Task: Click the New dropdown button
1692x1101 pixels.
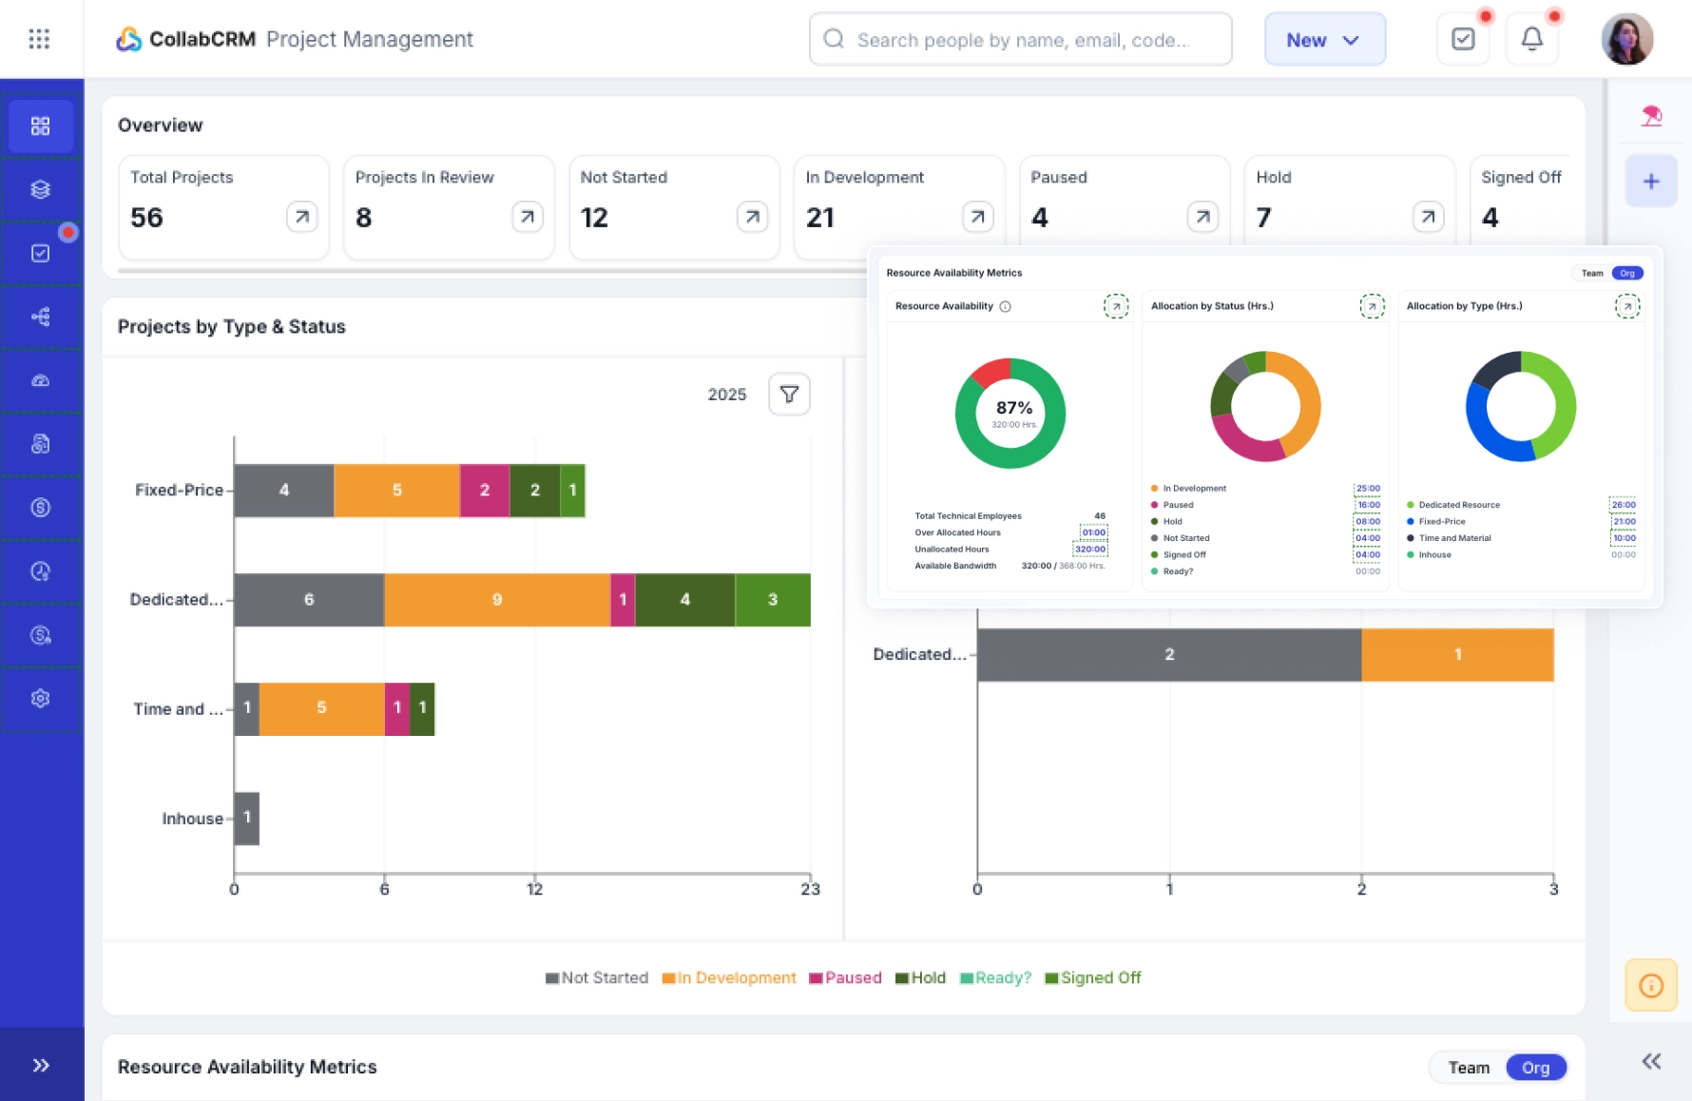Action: point(1324,40)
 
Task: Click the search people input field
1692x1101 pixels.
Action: point(1022,40)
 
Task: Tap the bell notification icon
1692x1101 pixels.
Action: point(1531,39)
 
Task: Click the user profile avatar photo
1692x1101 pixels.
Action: point(1626,40)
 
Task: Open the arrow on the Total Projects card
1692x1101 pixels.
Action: point(301,217)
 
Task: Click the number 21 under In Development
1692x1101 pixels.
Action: point(819,218)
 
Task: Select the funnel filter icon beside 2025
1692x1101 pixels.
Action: point(789,395)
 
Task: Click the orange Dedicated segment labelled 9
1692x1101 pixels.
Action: point(496,600)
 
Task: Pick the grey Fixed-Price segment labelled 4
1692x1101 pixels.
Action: point(283,491)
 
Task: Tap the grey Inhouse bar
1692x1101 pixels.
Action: point(247,819)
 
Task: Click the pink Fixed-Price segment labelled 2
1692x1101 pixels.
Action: point(485,491)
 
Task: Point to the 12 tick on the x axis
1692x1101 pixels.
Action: point(534,888)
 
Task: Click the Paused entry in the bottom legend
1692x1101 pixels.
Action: point(845,977)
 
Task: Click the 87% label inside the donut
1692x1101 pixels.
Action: point(1013,408)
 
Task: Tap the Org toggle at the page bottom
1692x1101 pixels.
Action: point(1535,1068)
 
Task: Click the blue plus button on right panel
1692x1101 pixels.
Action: point(1650,182)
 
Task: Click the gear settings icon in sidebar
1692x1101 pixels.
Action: point(40,699)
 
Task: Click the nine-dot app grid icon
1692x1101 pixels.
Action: point(39,39)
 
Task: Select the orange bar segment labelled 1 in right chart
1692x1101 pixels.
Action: point(1456,655)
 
